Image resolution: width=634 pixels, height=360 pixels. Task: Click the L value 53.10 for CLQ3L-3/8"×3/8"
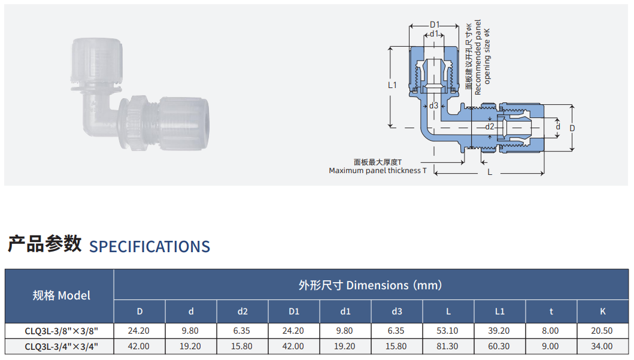click(447, 331)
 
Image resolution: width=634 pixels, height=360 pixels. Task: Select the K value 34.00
click(602, 346)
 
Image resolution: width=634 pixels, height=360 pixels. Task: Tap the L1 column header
click(500, 311)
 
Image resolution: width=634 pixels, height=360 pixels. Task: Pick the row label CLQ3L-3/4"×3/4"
click(62, 347)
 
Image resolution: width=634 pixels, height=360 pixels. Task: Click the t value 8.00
click(550, 331)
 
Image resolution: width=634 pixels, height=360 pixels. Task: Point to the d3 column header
click(397, 311)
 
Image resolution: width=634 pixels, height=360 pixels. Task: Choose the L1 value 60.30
click(499, 346)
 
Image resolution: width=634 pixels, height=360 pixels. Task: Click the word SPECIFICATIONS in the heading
click(150, 246)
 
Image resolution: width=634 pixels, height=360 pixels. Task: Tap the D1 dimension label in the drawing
click(434, 25)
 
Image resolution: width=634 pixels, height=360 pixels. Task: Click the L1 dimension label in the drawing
click(392, 85)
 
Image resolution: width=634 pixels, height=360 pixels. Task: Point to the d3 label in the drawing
click(433, 105)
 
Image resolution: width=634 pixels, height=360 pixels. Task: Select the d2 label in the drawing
click(490, 126)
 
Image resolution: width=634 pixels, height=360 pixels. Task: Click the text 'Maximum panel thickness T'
click(378, 171)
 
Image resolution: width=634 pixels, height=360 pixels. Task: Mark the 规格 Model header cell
click(62, 296)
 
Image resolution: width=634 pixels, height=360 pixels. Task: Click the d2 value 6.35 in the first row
click(242, 331)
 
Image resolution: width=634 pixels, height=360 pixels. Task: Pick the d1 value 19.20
click(344, 346)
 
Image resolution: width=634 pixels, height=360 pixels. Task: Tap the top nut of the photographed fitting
click(97, 59)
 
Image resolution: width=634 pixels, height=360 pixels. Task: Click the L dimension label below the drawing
click(490, 173)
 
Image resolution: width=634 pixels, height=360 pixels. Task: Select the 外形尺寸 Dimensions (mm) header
click(370, 285)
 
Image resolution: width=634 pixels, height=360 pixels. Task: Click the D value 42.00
click(139, 346)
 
